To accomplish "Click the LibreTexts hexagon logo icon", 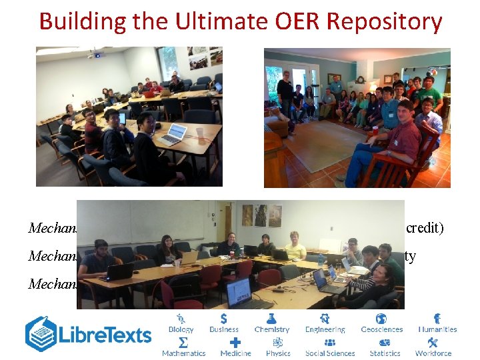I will [x=41, y=334].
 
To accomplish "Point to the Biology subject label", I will [x=181, y=329].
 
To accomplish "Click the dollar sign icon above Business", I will [x=223, y=319].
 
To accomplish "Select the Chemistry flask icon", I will [x=272, y=319].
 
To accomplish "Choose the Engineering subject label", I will [x=325, y=329].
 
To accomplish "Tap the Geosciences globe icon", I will [x=382, y=319].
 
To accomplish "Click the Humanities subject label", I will [x=437, y=329].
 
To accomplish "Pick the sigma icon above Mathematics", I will [x=183, y=342].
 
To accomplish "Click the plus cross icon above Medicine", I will [x=235, y=342].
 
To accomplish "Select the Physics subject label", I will [x=278, y=353].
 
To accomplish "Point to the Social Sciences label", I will [x=330, y=353].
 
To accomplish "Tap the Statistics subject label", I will [x=385, y=353].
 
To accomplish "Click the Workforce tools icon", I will [x=433, y=343].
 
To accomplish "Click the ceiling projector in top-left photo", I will [x=96, y=55].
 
